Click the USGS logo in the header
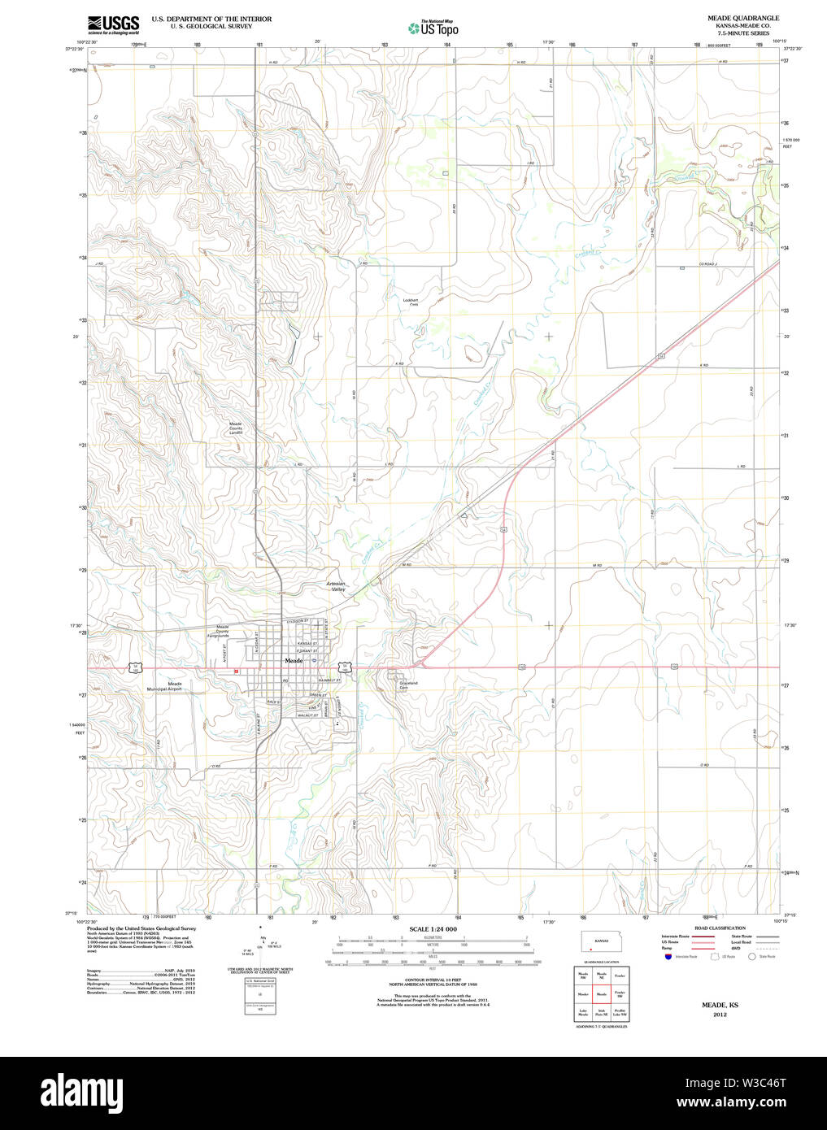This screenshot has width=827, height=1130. click(x=113, y=24)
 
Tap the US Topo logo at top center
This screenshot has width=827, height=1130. click(x=433, y=28)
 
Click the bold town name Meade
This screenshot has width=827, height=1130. click(x=293, y=661)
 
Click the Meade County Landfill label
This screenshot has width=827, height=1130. click(x=235, y=428)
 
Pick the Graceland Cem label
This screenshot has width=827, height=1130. click(x=407, y=685)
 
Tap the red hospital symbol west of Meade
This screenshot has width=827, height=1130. click(x=235, y=672)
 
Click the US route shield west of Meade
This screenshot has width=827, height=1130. click(x=135, y=667)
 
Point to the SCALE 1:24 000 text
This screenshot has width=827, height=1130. click(x=433, y=929)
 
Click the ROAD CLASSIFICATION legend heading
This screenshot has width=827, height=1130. click(x=719, y=928)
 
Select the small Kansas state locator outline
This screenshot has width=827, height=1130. click(x=601, y=941)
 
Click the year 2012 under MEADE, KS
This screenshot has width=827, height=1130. click(x=719, y=1015)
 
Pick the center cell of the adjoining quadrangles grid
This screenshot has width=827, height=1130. click(x=602, y=993)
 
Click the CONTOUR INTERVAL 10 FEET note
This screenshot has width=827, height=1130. click(x=433, y=981)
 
